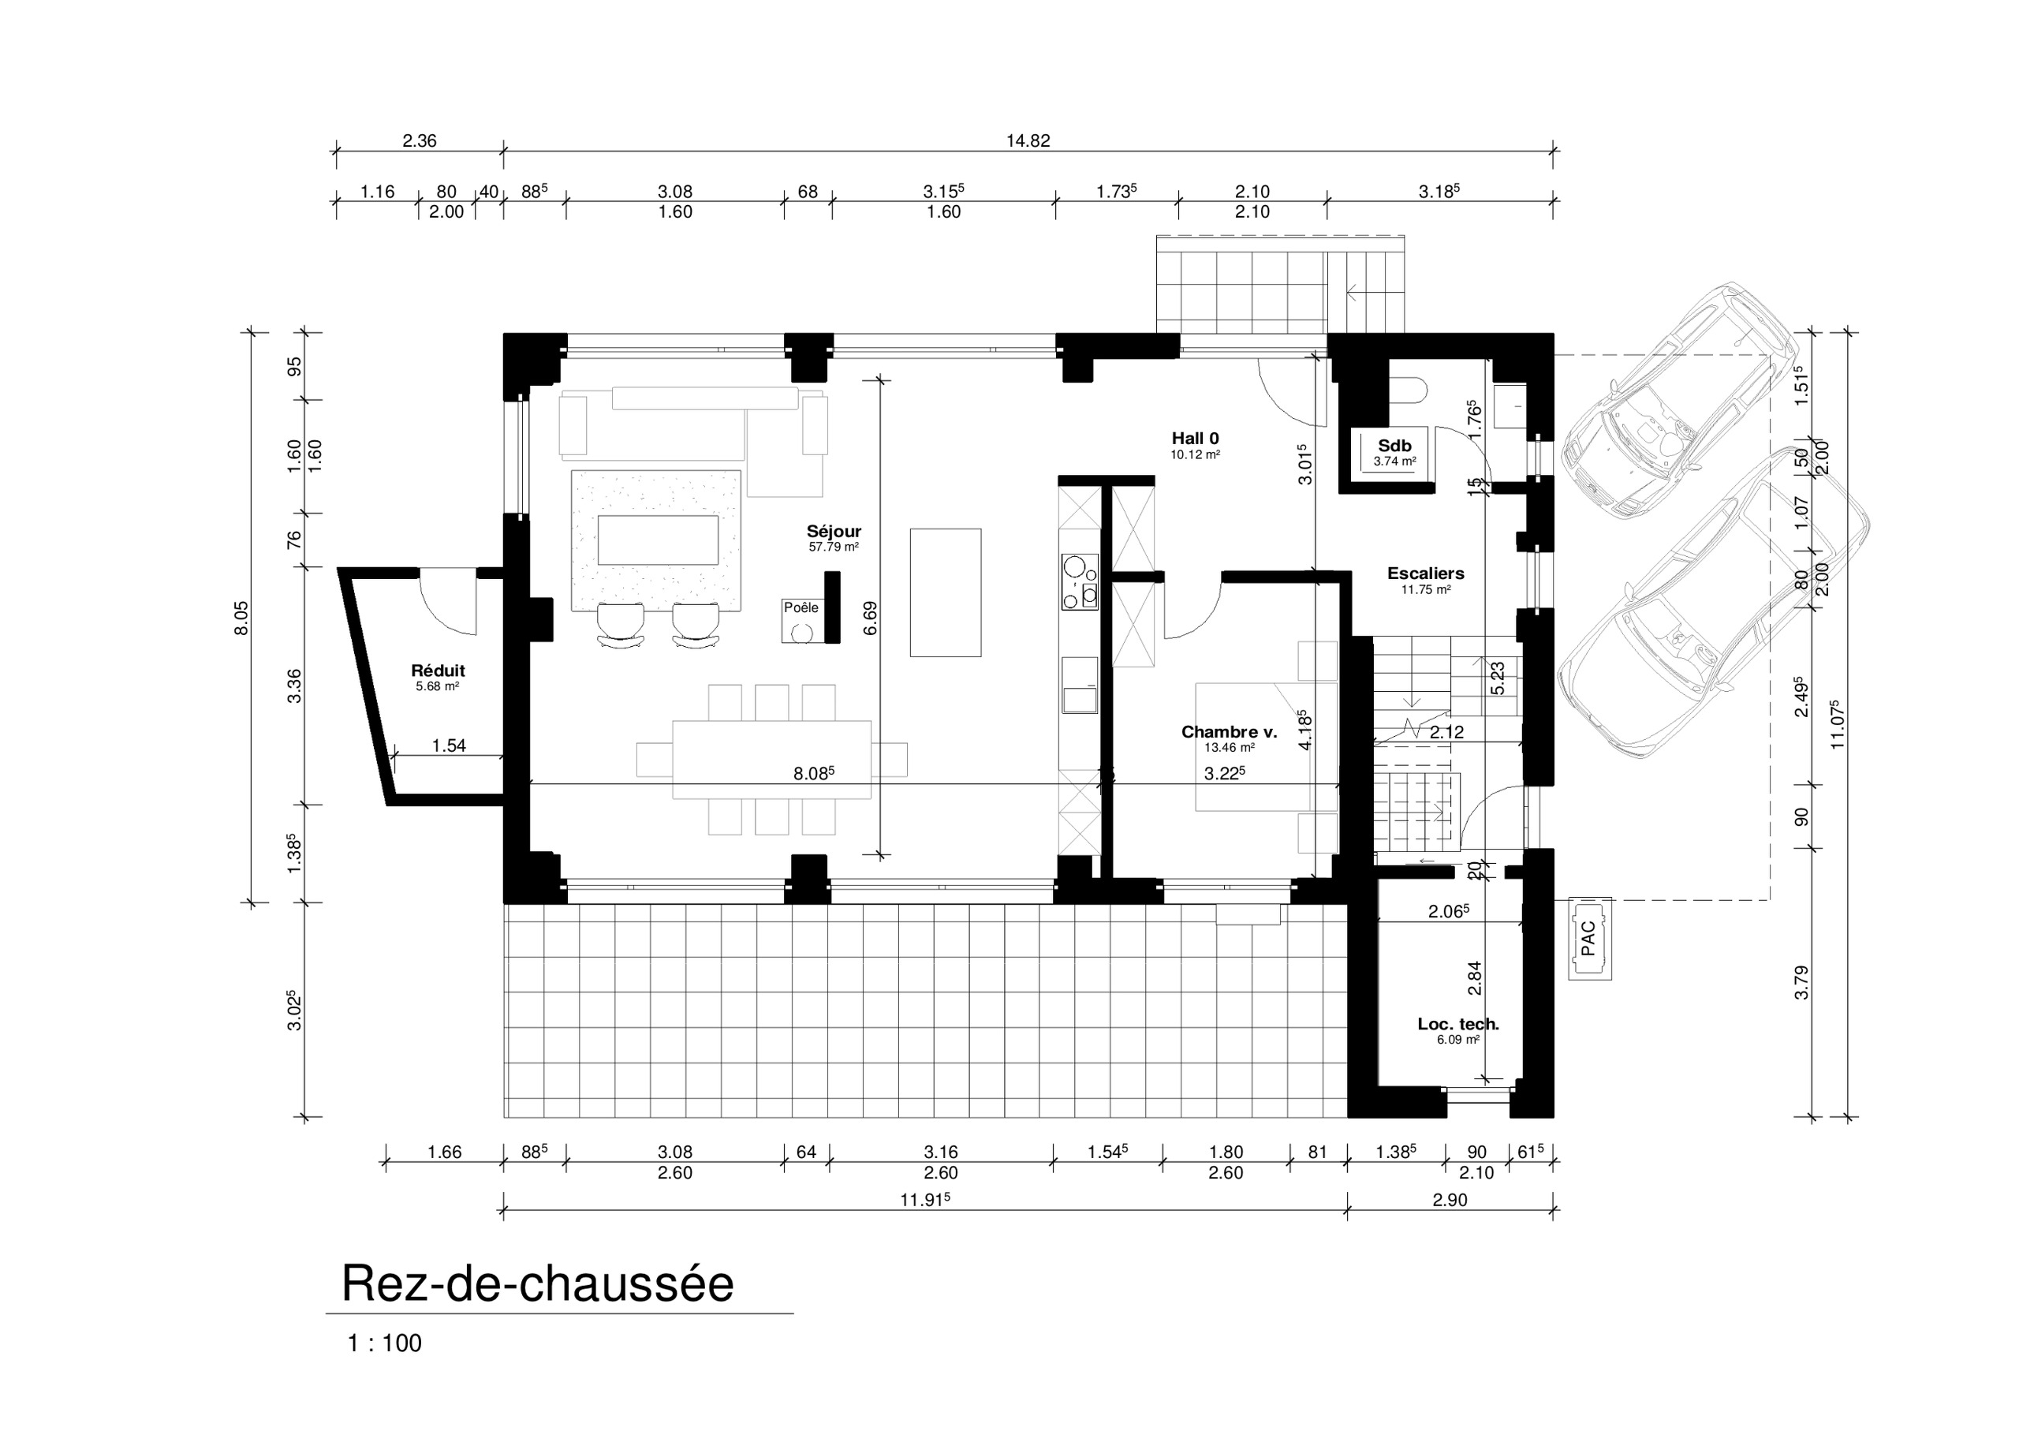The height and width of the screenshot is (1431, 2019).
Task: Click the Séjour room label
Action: [x=834, y=532]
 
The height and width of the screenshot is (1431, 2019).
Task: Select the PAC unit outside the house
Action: [x=1589, y=939]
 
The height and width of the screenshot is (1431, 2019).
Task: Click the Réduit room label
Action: [x=438, y=671]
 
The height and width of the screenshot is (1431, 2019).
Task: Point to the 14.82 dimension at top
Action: [x=1027, y=141]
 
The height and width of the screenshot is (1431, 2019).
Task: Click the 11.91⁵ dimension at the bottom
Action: [x=924, y=1199]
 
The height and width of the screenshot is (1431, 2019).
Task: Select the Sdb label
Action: [x=1394, y=446]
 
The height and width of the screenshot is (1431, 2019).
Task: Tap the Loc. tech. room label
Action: [x=1458, y=1024]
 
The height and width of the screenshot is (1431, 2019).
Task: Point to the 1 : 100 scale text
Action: [x=385, y=1343]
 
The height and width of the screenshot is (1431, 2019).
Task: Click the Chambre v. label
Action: [x=1229, y=732]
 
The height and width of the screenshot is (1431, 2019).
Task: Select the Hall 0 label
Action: [x=1196, y=439]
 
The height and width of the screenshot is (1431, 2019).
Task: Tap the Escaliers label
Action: [x=1425, y=574]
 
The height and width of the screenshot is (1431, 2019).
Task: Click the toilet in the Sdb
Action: [x=1408, y=391]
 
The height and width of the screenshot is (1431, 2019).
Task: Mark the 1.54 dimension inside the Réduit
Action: [x=449, y=745]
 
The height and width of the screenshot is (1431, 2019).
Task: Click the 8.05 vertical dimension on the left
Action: [x=241, y=618]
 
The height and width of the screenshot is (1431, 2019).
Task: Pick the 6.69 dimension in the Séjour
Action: [x=871, y=618]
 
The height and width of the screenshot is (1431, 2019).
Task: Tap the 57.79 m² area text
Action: [x=834, y=547]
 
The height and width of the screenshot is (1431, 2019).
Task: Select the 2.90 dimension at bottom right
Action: [x=1449, y=1199]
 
